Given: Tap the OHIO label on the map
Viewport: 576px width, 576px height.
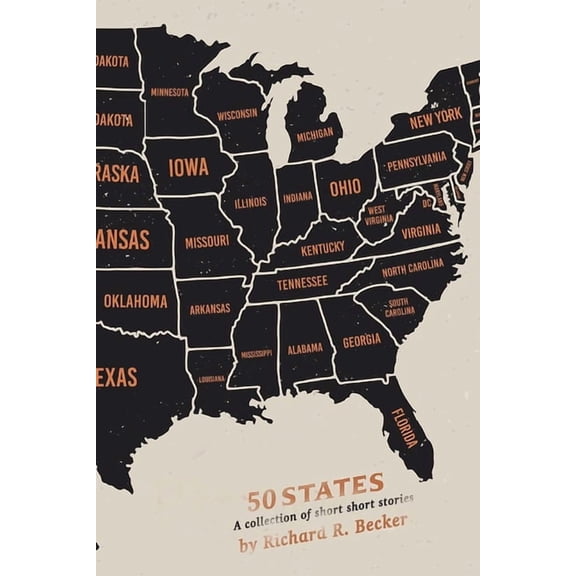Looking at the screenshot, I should (x=345, y=188).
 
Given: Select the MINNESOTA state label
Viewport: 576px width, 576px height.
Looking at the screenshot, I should (x=169, y=92).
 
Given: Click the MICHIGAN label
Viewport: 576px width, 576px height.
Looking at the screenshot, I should (x=314, y=132).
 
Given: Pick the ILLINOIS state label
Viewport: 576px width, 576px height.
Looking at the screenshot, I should (x=249, y=202).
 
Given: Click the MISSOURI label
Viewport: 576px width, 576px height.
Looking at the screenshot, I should (x=206, y=241).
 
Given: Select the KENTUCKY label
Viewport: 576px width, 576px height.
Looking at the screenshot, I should (x=321, y=247).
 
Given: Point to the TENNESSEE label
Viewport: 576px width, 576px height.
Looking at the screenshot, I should (x=302, y=283).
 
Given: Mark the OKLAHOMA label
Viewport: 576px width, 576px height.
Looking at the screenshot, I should (x=136, y=299).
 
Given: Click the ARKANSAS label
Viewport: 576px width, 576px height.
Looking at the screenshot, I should (x=211, y=309).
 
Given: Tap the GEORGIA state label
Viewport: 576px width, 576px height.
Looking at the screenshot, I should (x=361, y=339).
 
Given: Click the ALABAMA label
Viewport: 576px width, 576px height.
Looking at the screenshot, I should (x=306, y=348).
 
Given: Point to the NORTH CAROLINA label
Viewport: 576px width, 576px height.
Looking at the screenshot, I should (x=412, y=270).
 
